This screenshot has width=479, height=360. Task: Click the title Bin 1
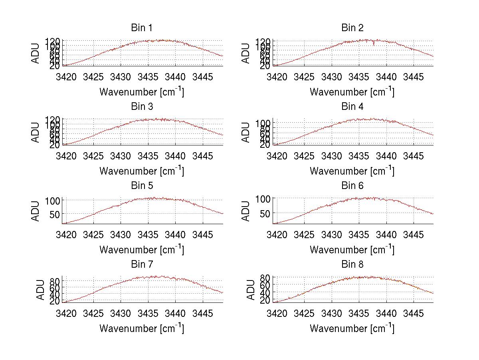point(142,28)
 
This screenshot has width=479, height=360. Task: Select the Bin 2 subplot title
point(352,28)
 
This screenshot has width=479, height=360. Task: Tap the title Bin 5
point(142,186)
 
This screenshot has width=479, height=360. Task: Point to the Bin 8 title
point(352,265)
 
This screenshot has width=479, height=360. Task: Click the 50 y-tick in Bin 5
point(55,214)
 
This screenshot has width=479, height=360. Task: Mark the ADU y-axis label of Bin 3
point(36,132)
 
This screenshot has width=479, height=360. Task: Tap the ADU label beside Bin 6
point(246,211)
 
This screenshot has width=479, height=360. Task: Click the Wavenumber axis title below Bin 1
point(142,91)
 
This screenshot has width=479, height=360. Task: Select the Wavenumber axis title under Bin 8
point(352,328)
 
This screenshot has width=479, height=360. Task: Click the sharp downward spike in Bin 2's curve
point(374,44)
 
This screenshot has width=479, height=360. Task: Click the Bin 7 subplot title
point(142,265)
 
